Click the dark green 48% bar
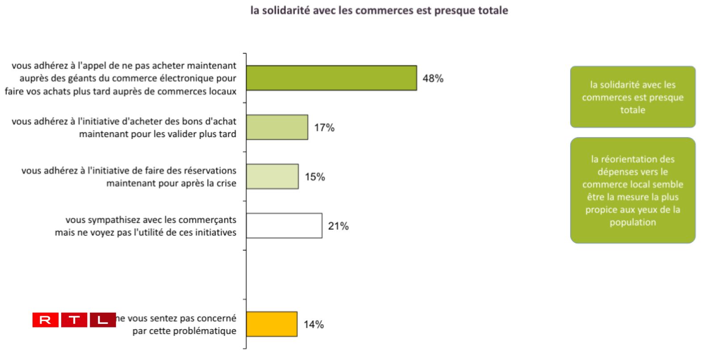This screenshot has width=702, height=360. click(x=331, y=78)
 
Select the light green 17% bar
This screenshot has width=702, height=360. click(x=277, y=127)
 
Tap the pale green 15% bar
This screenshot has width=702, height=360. click(x=272, y=176)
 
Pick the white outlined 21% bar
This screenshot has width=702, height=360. click(x=284, y=226)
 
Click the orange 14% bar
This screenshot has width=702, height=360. click(x=272, y=324)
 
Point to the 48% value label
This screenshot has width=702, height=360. click(x=433, y=79)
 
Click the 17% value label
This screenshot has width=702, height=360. click(x=324, y=128)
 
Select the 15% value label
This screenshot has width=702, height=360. click(x=315, y=177)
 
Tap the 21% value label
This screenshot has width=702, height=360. click(x=338, y=226)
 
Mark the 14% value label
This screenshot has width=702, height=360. click(x=313, y=325)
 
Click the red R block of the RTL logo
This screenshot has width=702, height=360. click(x=45, y=320)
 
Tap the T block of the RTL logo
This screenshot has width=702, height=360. click(x=74, y=320)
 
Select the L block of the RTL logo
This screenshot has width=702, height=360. click(x=103, y=320)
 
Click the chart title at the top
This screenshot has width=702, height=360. click(x=379, y=10)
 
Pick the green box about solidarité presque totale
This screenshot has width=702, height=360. click(x=632, y=97)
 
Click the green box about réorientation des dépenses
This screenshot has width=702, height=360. click(x=632, y=190)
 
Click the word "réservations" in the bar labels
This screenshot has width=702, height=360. click(x=209, y=171)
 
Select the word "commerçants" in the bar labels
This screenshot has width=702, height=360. click(x=209, y=220)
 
